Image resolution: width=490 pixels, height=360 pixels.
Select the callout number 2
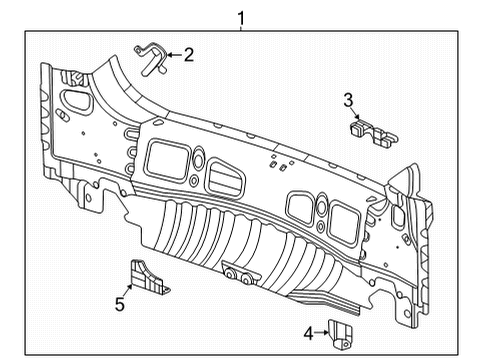187,55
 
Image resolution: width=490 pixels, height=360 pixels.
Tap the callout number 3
349,99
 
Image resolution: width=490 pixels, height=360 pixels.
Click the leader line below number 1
240,25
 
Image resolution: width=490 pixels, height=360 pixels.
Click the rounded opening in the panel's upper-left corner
74,100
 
